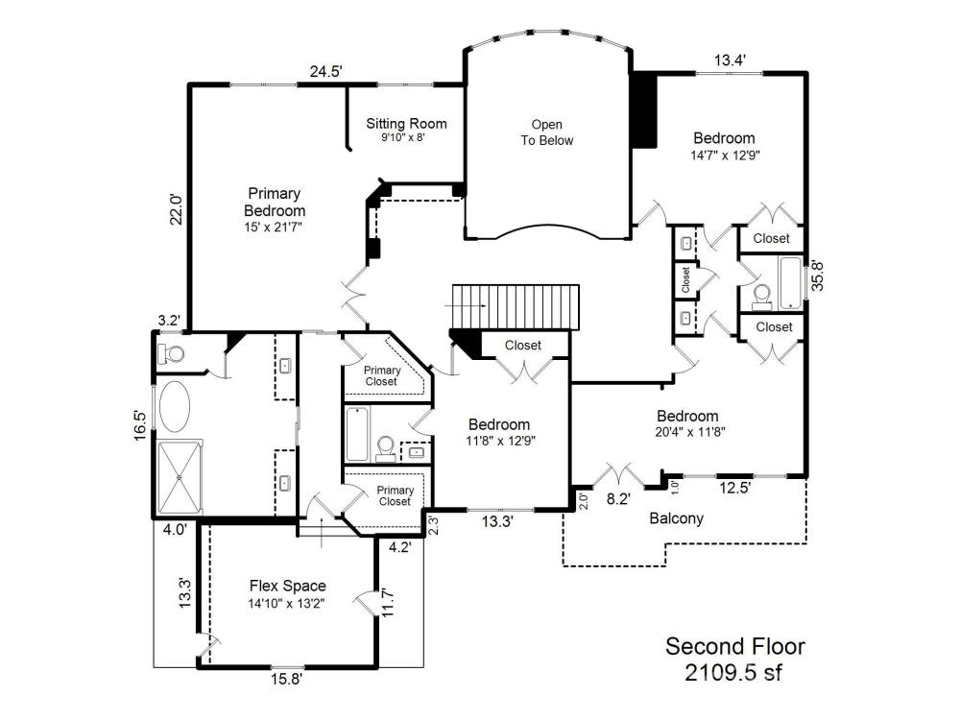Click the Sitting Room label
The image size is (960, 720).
tap(406, 124)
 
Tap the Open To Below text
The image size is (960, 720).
tap(547, 132)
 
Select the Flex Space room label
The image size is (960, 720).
tap(287, 586)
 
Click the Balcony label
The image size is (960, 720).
tap(676, 518)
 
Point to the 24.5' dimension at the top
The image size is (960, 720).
tap(325, 72)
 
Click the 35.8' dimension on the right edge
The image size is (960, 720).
tap(817, 276)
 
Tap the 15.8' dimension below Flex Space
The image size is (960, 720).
tap(287, 679)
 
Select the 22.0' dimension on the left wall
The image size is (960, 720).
tap(177, 208)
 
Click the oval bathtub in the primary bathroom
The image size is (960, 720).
tap(175, 406)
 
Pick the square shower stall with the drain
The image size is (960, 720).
tap(180, 477)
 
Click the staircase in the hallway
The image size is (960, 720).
tap(516, 306)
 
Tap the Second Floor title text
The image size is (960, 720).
tap(735, 646)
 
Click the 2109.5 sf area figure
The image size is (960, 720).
tap(733, 672)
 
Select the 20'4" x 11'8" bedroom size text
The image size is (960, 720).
tap(690, 432)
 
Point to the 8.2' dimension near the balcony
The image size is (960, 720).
tap(618, 499)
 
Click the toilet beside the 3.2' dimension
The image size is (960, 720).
tap(171, 353)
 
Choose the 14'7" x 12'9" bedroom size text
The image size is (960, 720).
tap(725, 155)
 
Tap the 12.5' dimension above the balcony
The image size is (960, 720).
tap(734, 488)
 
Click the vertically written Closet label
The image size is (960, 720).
tap(685, 279)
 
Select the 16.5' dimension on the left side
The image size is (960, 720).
tap(141, 425)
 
